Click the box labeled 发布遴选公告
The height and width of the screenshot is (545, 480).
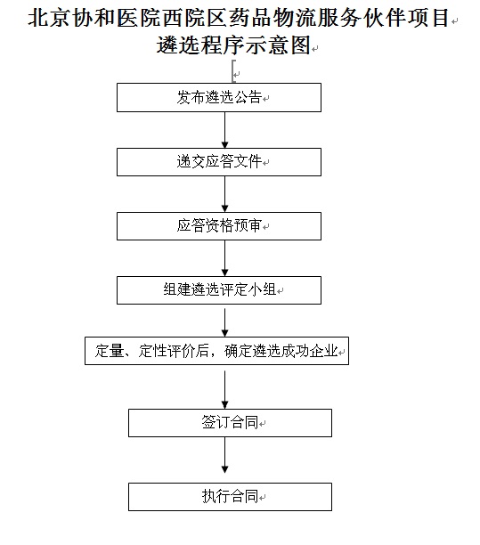(219, 97)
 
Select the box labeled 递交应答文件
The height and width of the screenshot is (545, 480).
(219, 162)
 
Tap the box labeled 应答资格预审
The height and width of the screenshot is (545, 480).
(219, 226)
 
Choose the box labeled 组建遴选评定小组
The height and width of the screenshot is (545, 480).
(219, 290)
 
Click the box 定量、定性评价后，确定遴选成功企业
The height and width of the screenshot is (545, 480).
(217, 351)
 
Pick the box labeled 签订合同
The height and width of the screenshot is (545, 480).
(230, 423)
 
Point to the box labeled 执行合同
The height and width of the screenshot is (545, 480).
(230, 497)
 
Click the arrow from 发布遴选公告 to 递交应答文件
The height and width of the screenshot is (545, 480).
(225, 130)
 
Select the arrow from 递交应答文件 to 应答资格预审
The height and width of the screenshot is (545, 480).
(225, 194)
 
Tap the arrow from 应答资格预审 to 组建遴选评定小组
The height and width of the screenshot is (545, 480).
(225, 258)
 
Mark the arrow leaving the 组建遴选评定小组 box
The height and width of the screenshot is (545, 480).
(225, 322)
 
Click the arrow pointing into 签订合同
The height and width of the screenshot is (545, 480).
(225, 390)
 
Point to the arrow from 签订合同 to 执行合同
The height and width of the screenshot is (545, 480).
(225, 455)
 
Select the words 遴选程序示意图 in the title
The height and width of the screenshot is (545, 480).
(233, 45)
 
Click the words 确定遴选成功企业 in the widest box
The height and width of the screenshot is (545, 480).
(281, 351)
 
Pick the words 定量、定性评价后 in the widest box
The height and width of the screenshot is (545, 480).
(152, 351)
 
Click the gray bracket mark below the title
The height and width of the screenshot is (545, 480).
(234, 71)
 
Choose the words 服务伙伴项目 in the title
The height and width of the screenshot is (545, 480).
(383, 18)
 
